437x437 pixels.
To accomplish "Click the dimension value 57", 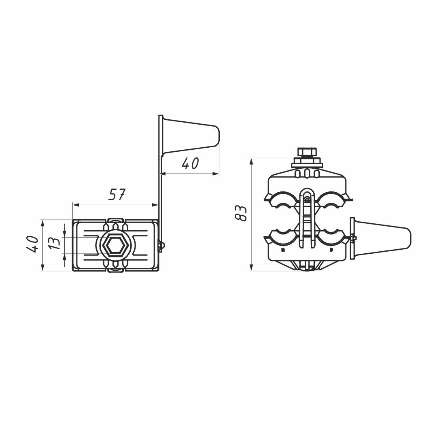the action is coord(117,194).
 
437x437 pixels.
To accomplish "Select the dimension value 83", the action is coord(241,213).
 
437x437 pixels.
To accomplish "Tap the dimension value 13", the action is coord(55,243).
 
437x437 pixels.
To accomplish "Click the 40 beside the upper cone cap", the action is coord(190,163).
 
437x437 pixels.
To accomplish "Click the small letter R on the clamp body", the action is coord(283,250).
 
